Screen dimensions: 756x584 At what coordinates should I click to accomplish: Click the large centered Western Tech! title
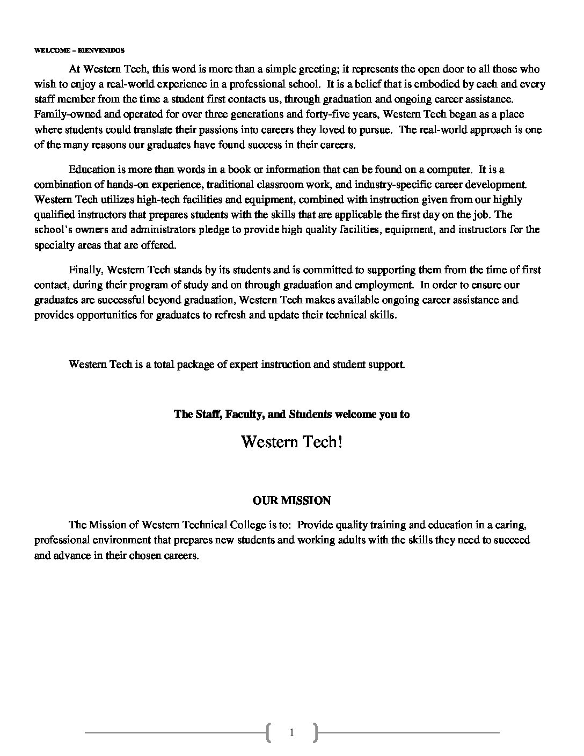[291, 442]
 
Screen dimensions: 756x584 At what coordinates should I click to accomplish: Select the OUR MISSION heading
[291, 500]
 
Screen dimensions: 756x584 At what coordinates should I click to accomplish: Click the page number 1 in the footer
[291, 732]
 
